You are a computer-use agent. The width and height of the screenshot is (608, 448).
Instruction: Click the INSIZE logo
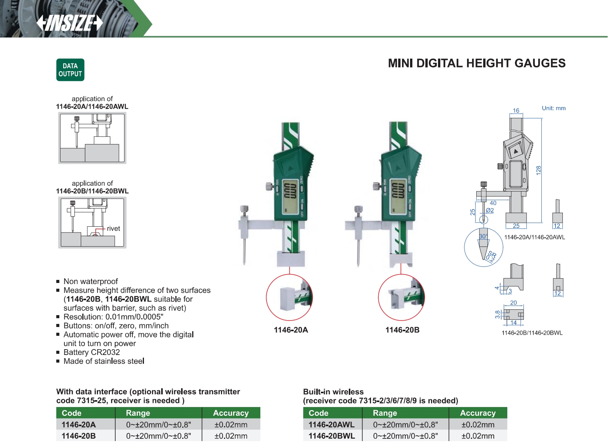pyautogui.click(x=70, y=23)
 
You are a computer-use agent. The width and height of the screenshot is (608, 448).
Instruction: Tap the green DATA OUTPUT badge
pyautogui.click(x=70, y=70)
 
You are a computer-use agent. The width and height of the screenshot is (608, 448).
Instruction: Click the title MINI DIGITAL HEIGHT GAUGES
pyautogui.click(x=477, y=63)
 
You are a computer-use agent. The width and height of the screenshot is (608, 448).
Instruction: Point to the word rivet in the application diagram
pyautogui.click(x=113, y=229)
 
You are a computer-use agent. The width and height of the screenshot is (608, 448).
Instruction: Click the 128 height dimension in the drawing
pyautogui.click(x=538, y=170)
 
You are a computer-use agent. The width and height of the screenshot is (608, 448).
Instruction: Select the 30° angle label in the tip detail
pyautogui.click(x=483, y=236)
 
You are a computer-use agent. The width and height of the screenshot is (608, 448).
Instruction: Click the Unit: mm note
pyautogui.click(x=554, y=108)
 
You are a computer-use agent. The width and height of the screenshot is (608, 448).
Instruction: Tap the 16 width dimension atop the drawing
pyautogui.click(x=516, y=111)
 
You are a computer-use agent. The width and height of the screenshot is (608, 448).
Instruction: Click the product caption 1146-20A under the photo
pyautogui.click(x=291, y=330)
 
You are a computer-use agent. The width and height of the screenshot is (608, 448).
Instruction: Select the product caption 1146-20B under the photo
pyautogui.click(x=402, y=330)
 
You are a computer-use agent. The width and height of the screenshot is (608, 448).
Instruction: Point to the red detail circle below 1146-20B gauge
pyautogui.click(x=401, y=298)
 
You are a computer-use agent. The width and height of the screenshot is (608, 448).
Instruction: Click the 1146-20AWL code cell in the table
pyautogui.click(x=332, y=425)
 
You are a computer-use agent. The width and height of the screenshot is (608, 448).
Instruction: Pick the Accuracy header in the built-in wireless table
pyautogui.click(x=478, y=413)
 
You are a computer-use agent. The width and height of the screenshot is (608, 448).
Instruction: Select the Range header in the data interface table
pyautogui.click(x=138, y=413)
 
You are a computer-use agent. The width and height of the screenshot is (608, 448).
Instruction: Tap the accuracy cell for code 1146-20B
pyautogui.click(x=231, y=436)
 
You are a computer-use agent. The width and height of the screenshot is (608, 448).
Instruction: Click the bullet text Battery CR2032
pyautogui.click(x=92, y=352)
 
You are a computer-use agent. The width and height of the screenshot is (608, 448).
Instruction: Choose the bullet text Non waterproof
pyautogui.click(x=91, y=281)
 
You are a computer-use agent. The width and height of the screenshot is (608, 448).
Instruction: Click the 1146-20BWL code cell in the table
pyautogui.click(x=332, y=436)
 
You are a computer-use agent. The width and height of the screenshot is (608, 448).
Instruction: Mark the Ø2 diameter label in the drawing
pyautogui.click(x=490, y=210)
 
